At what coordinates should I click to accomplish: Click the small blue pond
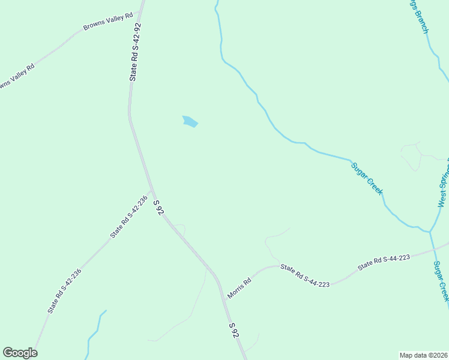click(190, 121)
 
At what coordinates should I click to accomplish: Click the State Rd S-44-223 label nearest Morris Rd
click(305, 275)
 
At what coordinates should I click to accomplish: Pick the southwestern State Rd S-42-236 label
click(65, 290)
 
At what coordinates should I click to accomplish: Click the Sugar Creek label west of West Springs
click(367, 178)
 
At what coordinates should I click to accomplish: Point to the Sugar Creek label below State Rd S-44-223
click(441, 281)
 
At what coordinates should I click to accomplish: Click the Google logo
click(20, 353)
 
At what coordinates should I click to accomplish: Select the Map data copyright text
click(423, 355)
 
